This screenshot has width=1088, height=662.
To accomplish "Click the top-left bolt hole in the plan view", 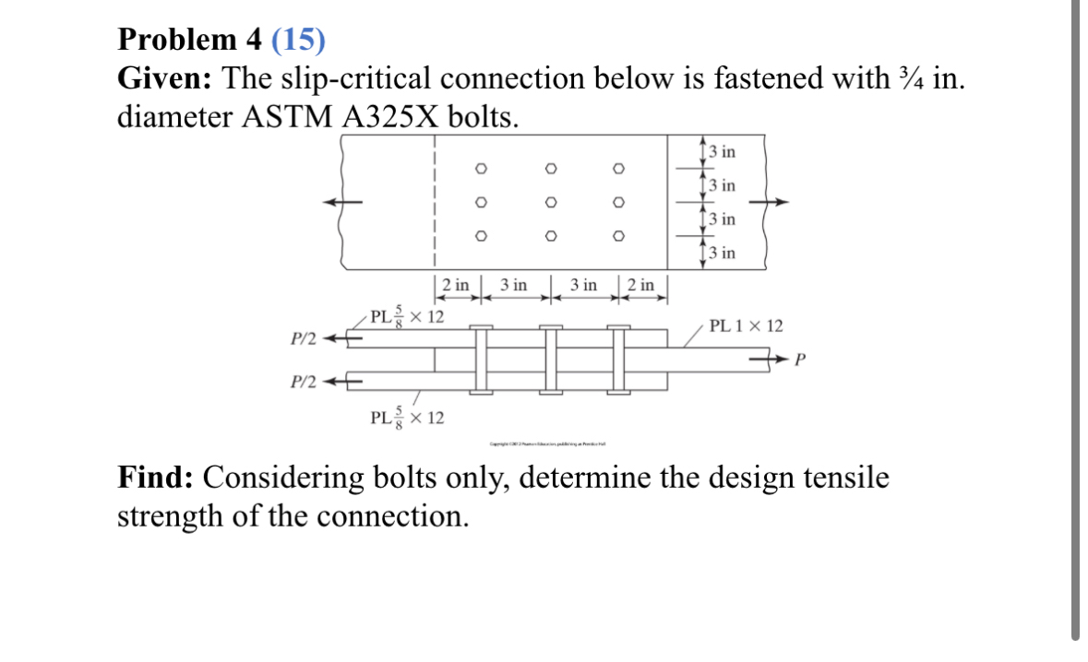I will coord(479,168).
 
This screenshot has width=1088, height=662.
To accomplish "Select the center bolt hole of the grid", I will coord(549,202).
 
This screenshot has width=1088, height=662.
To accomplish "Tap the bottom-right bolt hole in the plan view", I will coord(619,236).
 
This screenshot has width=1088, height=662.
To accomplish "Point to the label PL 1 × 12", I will coord(746,325).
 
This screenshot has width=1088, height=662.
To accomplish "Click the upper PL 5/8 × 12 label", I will coord(406,317).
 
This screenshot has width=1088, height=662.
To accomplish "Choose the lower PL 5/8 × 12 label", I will coord(406,418).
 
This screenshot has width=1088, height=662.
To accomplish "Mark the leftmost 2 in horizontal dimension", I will coord(457,285).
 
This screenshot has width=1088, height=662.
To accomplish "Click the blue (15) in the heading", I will coord(299,40).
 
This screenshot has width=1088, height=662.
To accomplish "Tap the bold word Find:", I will coord(156,479).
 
